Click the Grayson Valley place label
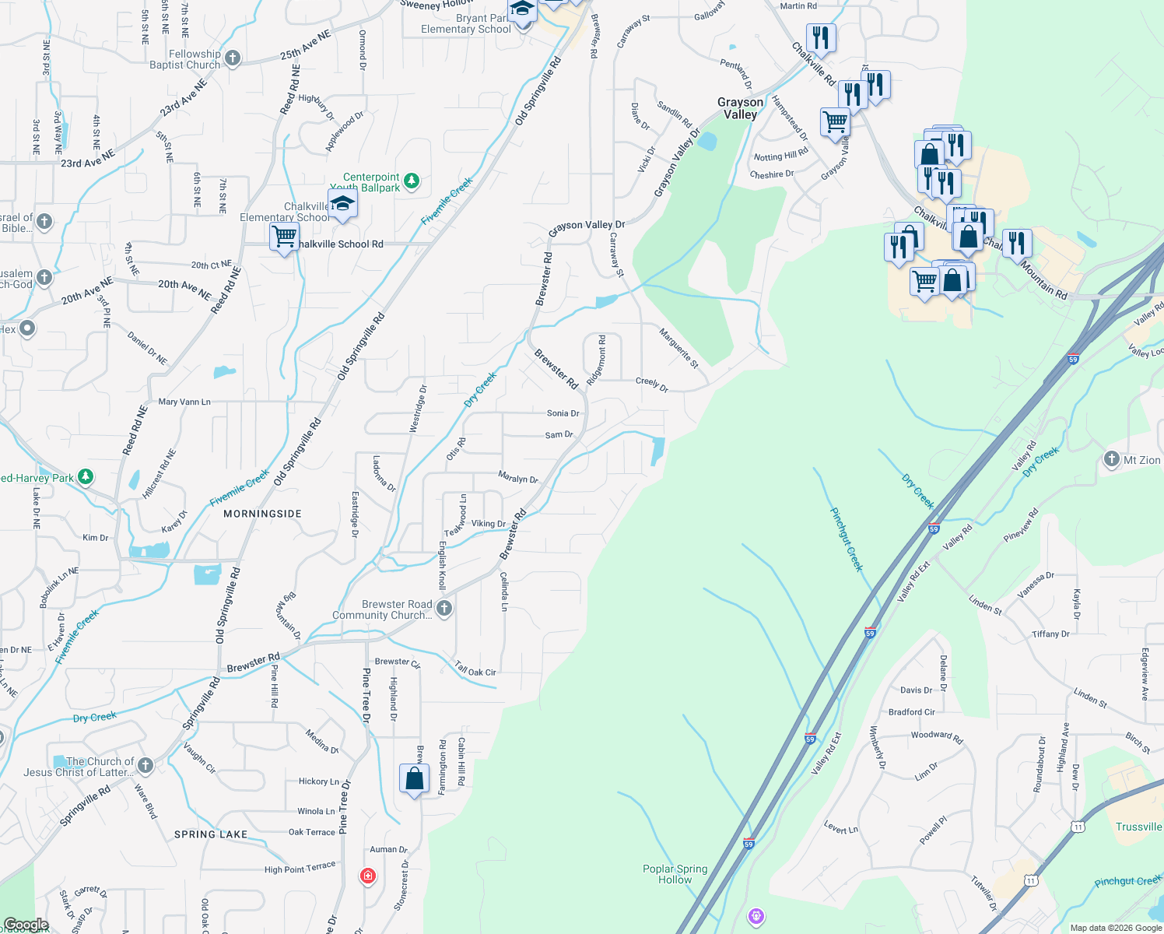tap(740, 108)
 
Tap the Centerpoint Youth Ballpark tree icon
tap(412, 181)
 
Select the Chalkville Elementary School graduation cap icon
tap(342, 205)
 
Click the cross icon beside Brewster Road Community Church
tap(444, 609)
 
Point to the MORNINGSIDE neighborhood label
tap(262, 514)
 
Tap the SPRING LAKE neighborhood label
tap(211, 834)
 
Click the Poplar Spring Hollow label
tap(675, 874)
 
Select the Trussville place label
tap(1138, 827)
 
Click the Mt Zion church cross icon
tap(1111, 460)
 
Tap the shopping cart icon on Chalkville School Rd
tap(285, 236)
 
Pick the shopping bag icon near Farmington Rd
tap(415, 778)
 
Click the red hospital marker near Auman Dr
tap(368, 876)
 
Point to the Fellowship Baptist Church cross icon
tap(232, 58)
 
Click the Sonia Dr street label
tap(563, 413)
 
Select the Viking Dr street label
tap(488, 523)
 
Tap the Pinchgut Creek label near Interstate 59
tap(847, 539)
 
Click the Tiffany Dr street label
tap(1050, 634)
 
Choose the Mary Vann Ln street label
tap(184, 402)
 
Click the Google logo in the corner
tap(26, 925)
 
